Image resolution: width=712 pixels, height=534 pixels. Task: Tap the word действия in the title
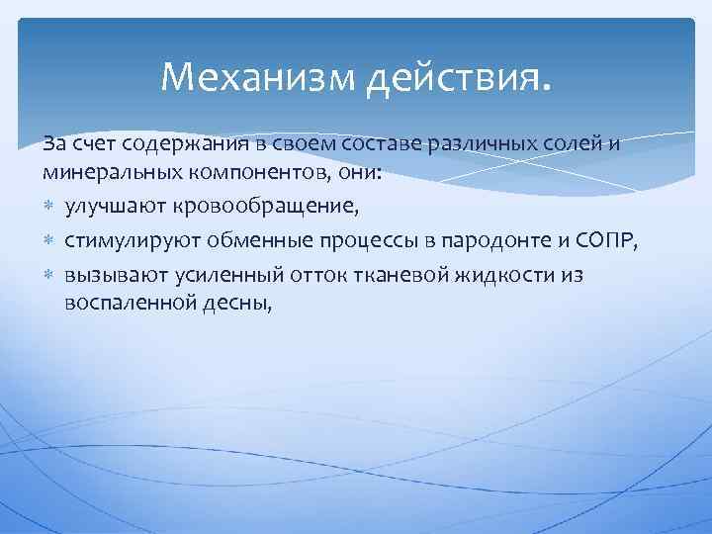click(454, 76)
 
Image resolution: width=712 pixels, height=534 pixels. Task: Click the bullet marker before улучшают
click(49, 207)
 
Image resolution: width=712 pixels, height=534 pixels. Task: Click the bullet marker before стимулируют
click(49, 240)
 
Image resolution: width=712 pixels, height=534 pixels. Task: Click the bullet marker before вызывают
click(49, 275)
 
